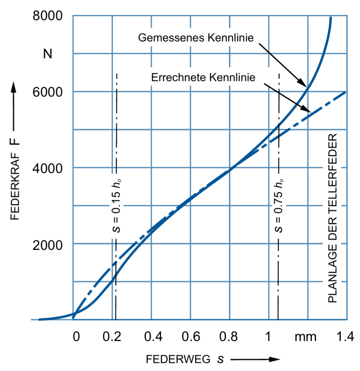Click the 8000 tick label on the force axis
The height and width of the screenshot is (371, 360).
click(47, 16)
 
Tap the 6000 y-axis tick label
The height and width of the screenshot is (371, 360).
click(47, 92)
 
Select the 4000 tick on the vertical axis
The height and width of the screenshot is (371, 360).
click(47, 168)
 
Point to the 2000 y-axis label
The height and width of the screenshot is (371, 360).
click(47, 245)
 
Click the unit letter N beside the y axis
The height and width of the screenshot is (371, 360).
click(47, 54)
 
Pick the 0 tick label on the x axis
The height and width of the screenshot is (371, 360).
click(76, 336)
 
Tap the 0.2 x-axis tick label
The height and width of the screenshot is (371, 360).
click(112, 336)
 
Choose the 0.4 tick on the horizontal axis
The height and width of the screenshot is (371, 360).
click(153, 336)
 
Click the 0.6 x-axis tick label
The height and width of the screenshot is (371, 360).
click(191, 336)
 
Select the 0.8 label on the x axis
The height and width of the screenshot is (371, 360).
click(228, 336)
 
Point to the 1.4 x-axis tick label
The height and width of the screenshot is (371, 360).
click(345, 336)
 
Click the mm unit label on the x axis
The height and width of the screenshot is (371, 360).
click(306, 337)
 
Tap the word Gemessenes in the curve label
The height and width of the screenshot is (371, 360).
click(171, 38)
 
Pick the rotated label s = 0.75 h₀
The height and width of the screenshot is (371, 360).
click(279, 206)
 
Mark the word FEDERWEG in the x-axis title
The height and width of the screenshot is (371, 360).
click(178, 359)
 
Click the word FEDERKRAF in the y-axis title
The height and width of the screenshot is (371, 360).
click(15, 186)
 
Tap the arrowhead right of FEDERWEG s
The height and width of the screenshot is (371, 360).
click(275, 359)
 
